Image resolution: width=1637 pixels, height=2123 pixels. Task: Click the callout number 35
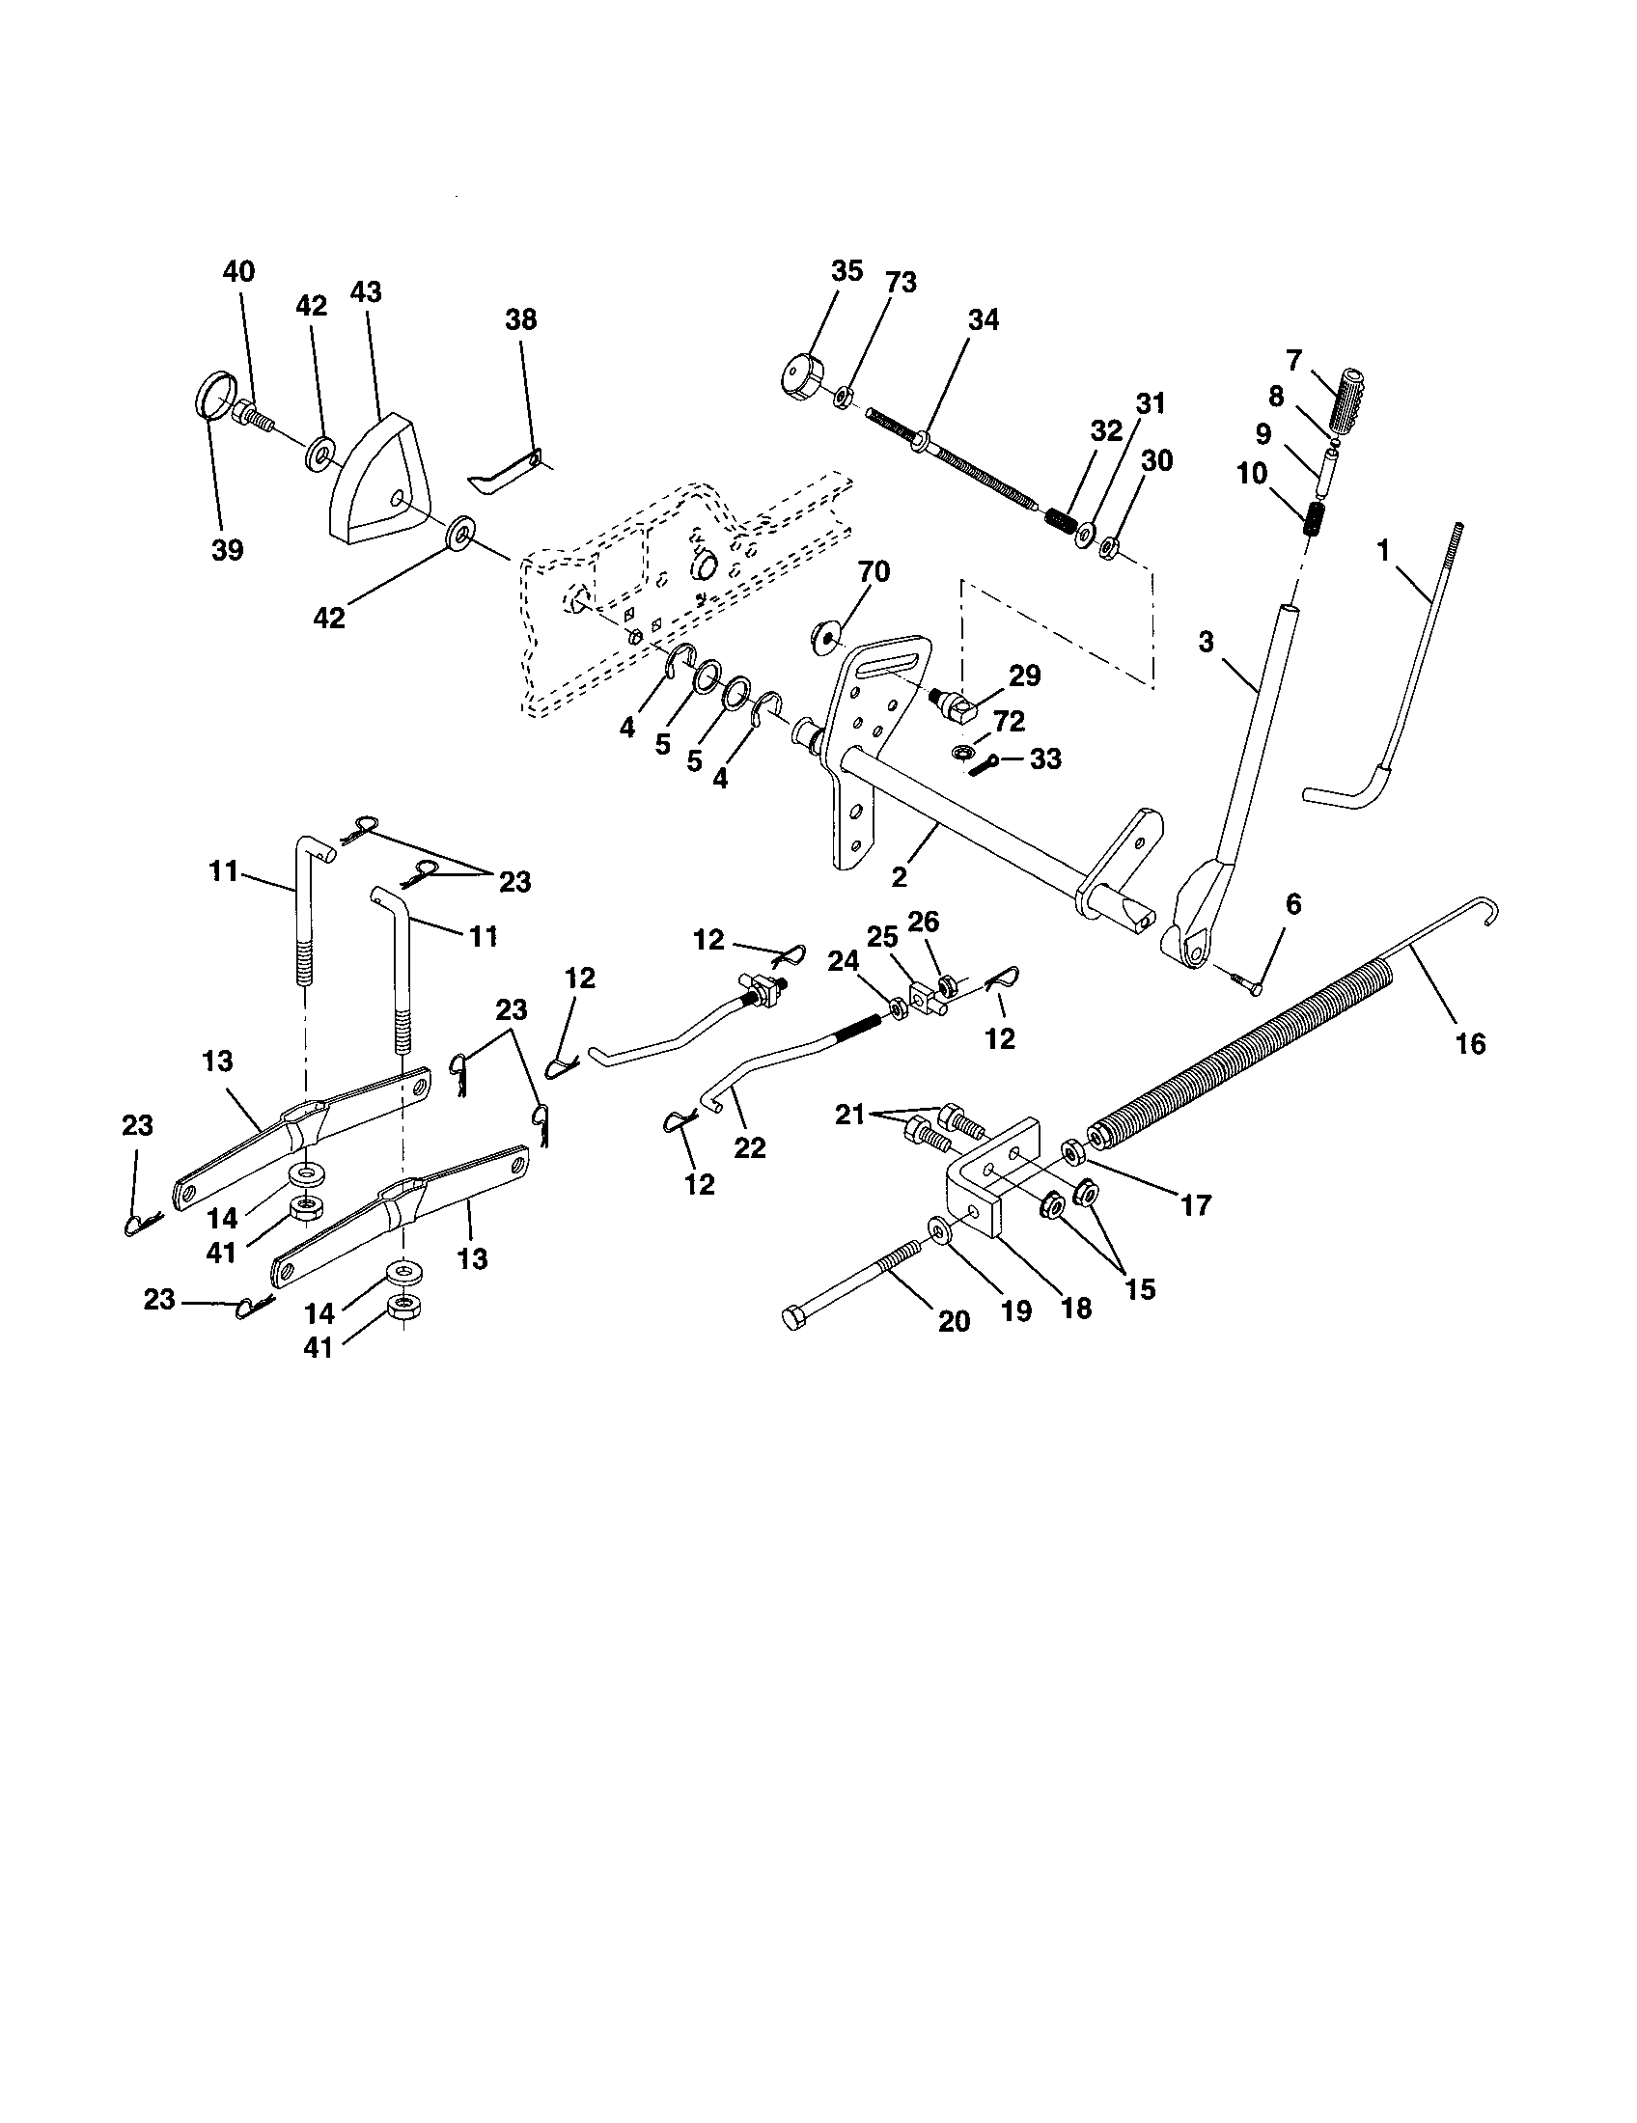click(x=846, y=271)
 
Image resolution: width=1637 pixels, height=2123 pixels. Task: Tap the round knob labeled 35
click(x=802, y=377)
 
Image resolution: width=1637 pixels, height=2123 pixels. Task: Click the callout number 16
click(x=1471, y=1044)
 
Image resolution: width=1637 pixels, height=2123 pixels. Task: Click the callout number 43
click(x=366, y=292)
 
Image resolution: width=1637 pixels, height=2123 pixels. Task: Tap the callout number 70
click(x=873, y=571)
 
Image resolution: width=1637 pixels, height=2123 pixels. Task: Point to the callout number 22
click(x=749, y=1148)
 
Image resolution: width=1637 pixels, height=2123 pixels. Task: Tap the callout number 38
click(x=521, y=319)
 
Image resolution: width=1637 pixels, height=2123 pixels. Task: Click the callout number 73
click(x=901, y=283)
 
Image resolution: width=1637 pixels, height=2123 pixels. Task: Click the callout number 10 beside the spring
click(x=1252, y=474)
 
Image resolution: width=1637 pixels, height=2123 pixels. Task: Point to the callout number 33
click(x=1045, y=759)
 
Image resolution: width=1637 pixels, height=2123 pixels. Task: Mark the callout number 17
click(x=1195, y=1205)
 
